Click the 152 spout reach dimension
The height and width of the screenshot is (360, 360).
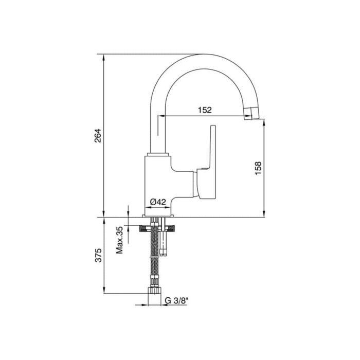(x=204, y=110)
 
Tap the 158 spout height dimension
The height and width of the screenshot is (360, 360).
(x=258, y=168)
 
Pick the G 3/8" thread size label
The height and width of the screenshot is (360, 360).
(x=176, y=302)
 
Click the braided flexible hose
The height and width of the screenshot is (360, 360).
(x=153, y=257)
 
